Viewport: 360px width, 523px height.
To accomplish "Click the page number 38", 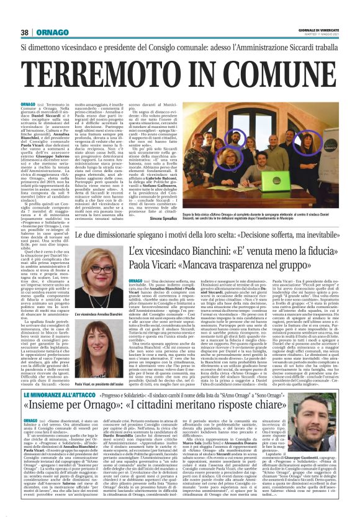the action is coord(24,32).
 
